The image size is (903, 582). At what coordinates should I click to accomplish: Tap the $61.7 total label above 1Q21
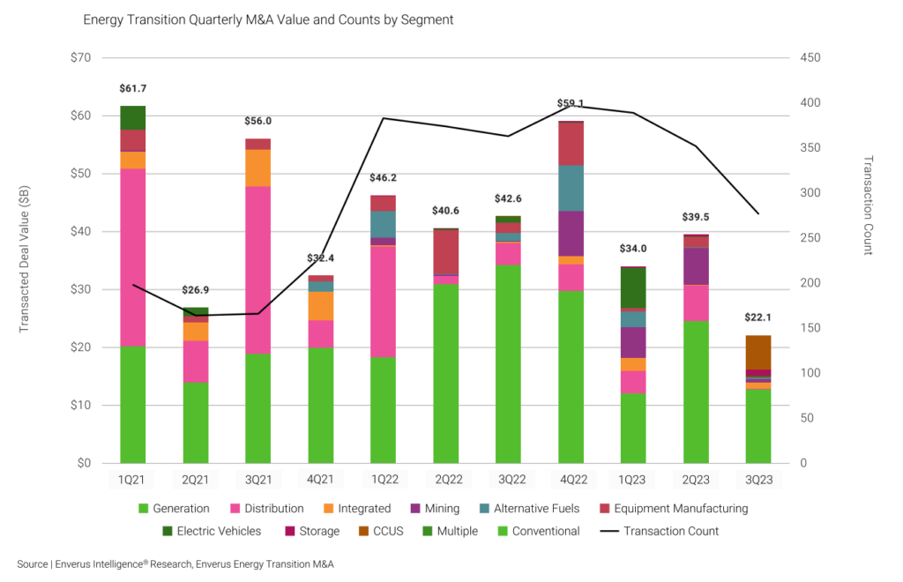[x=132, y=89]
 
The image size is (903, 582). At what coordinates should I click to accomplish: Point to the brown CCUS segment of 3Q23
[x=758, y=352]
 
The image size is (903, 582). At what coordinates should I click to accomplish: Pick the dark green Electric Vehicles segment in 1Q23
[x=633, y=287]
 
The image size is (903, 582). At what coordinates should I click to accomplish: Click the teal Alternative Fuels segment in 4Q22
[x=571, y=188]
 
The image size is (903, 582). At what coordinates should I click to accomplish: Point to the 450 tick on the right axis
[x=810, y=58]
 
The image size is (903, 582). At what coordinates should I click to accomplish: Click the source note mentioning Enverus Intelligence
[x=175, y=563]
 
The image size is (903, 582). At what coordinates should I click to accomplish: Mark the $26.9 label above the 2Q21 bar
[x=196, y=290]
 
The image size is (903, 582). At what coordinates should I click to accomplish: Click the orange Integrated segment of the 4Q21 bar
[x=320, y=305]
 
